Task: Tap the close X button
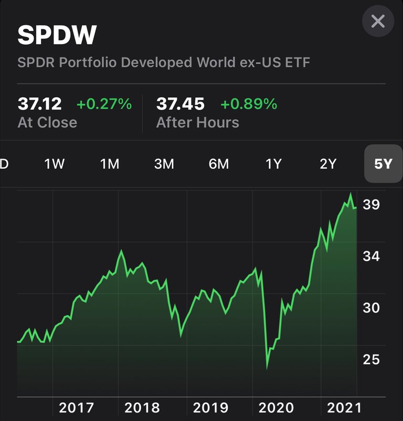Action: click(x=378, y=21)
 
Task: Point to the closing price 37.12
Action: click(x=39, y=104)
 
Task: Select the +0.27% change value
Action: click(x=104, y=104)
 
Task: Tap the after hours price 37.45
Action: click(x=180, y=104)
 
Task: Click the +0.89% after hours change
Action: click(x=248, y=104)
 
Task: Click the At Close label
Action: click(x=47, y=123)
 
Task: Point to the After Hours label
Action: click(x=197, y=123)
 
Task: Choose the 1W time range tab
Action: click(x=55, y=164)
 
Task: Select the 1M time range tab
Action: click(x=110, y=164)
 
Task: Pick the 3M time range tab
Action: click(x=164, y=164)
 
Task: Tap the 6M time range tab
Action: click(x=219, y=164)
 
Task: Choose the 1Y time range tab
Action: click(x=273, y=164)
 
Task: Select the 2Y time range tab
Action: click(x=328, y=164)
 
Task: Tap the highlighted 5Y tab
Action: click(x=383, y=164)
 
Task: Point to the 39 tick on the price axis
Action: click(x=371, y=205)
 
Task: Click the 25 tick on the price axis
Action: click(x=371, y=360)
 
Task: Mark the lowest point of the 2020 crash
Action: click(x=267, y=368)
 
